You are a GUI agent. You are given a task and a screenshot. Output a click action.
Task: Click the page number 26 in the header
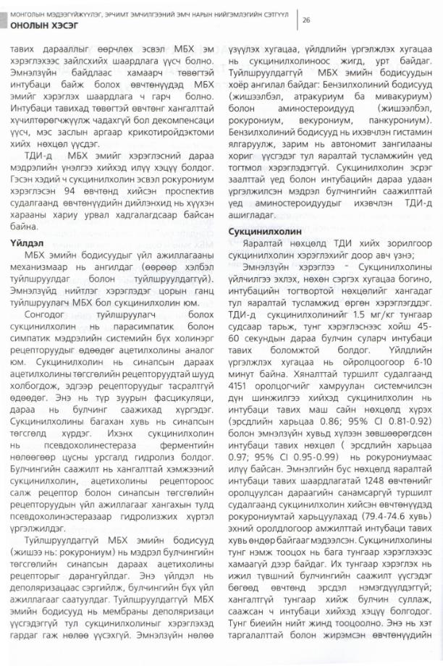(x=307, y=20)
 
